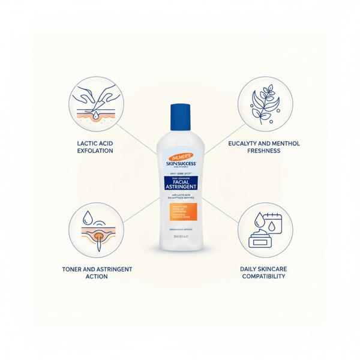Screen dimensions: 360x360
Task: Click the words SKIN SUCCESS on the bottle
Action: (x=180, y=165)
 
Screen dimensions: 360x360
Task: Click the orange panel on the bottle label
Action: (x=180, y=214)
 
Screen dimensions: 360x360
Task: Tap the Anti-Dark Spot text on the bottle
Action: (x=180, y=173)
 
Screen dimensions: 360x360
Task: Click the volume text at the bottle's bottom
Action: (x=180, y=236)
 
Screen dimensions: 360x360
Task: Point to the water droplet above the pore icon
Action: (x=88, y=217)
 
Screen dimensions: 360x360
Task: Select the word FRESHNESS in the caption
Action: (x=263, y=152)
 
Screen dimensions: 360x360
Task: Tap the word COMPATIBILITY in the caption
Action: (x=263, y=277)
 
